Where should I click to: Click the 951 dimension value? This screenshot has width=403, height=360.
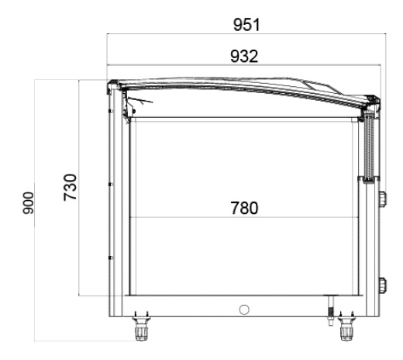[x=246, y=25]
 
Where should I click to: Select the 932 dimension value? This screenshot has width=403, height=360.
[x=244, y=56]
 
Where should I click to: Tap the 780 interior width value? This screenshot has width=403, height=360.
[x=244, y=208]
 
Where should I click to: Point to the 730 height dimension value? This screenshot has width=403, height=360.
[x=71, y=188]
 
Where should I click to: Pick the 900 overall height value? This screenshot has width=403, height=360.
[x=28, y=203]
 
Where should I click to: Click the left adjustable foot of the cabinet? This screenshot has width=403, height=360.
[x=141, y=327]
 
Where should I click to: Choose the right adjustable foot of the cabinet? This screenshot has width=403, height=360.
[x=346, y=327]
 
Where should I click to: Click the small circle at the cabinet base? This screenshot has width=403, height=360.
[x=244, y=310]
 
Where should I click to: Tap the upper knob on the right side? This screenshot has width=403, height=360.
[x=383, y=199]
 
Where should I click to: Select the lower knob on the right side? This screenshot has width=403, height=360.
[x=383, y=285]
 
